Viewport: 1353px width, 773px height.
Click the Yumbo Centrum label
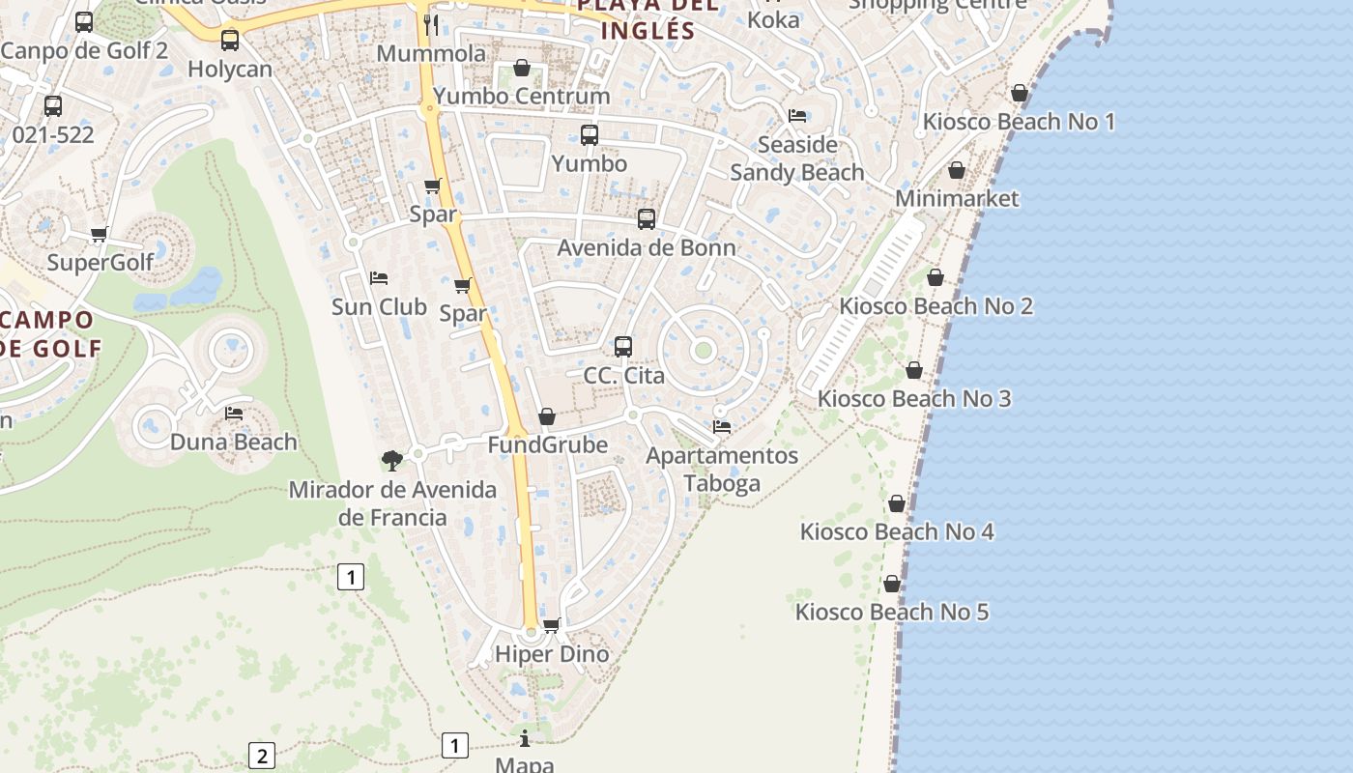tap(522, 96)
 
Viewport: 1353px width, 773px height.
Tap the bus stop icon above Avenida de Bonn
tap(647, 219)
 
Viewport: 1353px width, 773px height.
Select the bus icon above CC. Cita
tap(623, 346)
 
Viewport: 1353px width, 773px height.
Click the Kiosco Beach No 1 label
tap(1019, 122)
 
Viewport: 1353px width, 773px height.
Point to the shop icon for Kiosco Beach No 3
tap(914, 370)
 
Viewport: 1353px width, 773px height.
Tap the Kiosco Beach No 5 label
tap(891, 612)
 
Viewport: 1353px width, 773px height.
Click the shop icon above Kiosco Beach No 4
tap(897, 503)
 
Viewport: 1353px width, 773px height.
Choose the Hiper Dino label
tap(552, 654)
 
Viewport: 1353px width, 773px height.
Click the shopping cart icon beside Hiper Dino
tap(552, 625)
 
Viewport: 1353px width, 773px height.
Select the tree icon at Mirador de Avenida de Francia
tap(391, 460)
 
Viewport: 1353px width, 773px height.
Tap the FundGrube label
tap(547, 444)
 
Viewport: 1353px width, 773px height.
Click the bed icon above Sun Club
tap(379, 278)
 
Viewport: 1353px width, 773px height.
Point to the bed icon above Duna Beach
tap(234, 414)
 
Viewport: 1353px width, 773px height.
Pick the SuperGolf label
tap(101, 262)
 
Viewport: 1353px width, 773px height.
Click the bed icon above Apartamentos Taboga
tap(722, 426)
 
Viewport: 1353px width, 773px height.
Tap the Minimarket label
tap(956, 198)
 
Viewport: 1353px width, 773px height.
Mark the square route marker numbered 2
tap(261, 755)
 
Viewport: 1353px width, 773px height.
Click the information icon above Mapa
tap(525, 739)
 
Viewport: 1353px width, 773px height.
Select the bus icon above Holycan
tap(230, 41)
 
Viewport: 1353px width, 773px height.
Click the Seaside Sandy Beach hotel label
tap(796, 158)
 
